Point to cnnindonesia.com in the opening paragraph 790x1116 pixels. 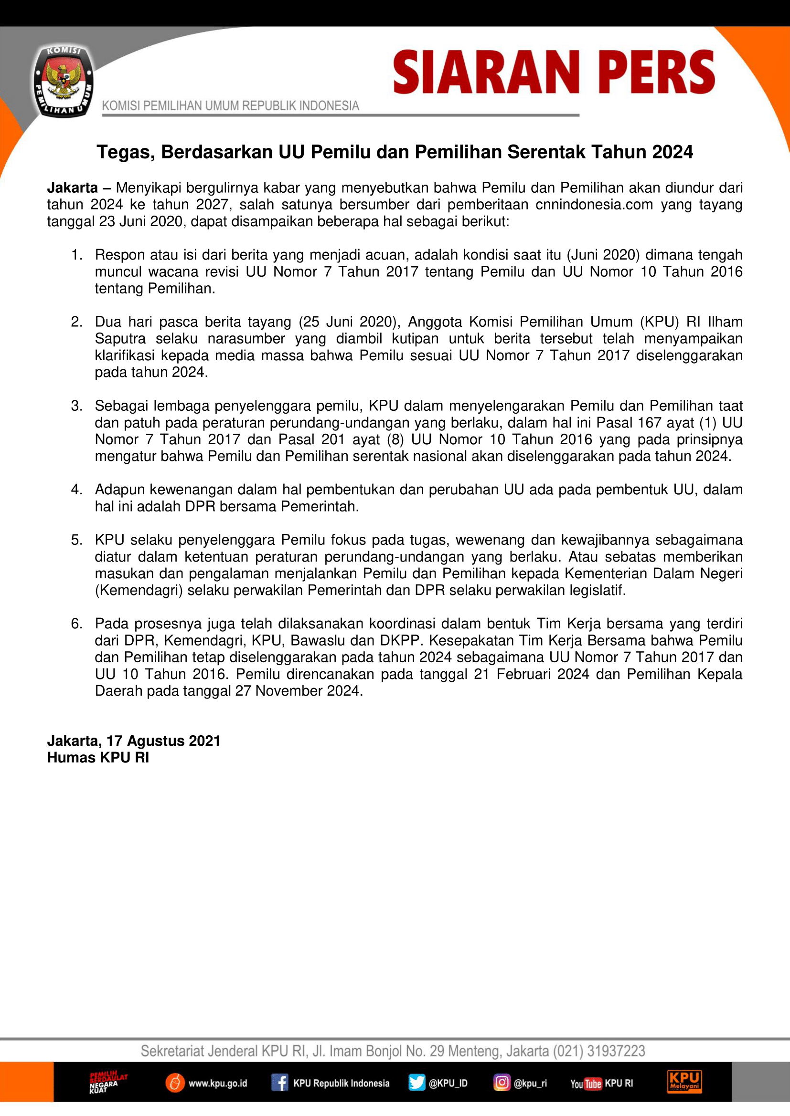coord(594,205)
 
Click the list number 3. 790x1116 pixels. coord(77,406)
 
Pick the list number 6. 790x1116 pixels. coord(77,624)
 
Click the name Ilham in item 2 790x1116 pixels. coord(725,322)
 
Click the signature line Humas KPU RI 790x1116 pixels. coord(98,758)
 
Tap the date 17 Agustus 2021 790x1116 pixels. coord(163,741)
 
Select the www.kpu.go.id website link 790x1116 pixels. coord(217,1084)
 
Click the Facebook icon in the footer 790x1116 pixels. coord(280,1083)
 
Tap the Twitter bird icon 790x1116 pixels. coord(416,1083)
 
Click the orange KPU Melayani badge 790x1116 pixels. coord(684,1082)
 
